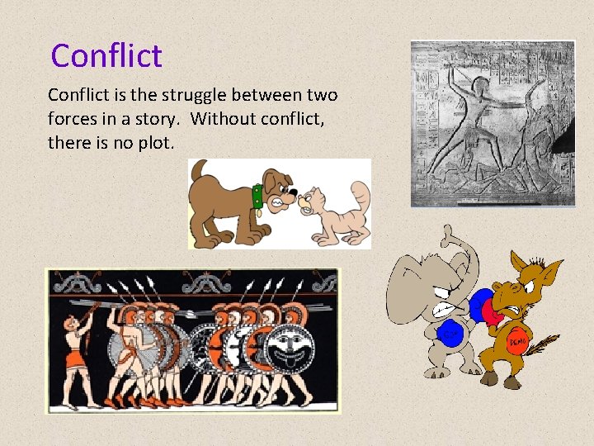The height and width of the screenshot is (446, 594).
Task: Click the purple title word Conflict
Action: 106,56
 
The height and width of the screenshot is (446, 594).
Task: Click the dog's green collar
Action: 257,197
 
